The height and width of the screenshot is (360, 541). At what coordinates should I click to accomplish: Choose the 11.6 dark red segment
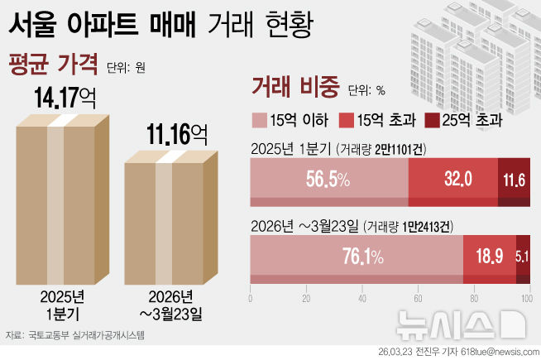tap(515, 180)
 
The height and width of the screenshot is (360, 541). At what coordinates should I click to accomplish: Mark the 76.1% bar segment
tap(356, 257)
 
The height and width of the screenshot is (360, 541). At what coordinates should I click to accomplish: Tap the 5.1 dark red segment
tap(523, 257)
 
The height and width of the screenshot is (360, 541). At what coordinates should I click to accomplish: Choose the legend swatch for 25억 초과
tap(431, 120)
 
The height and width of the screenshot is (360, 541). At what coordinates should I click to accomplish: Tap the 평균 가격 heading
tap(51, 65)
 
